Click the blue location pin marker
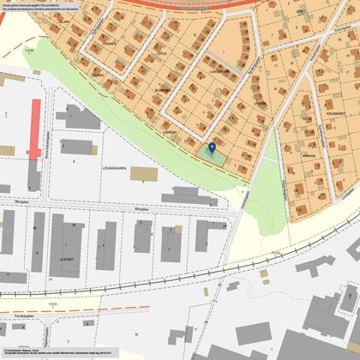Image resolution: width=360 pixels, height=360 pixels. click(x=212, y=148)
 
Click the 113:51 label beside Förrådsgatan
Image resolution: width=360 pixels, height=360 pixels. click(x=28, y=304)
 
